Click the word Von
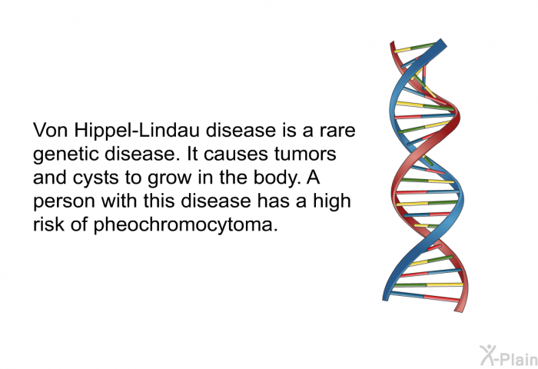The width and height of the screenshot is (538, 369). tap(51, 131)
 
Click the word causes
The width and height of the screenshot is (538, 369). tap(235, 155)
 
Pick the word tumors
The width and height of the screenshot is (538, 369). tap(305, 154)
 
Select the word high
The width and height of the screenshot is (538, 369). tap(331, 202)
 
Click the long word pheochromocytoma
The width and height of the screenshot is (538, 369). tap(185, 226)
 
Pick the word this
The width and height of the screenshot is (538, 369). tap(159, 201)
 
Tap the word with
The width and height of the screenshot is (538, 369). tap(119, 201)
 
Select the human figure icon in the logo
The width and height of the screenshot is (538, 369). tap(487, 354)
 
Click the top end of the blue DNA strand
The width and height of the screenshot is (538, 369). tap(442, 43)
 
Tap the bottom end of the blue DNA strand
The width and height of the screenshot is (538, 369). tap(386, 298)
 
